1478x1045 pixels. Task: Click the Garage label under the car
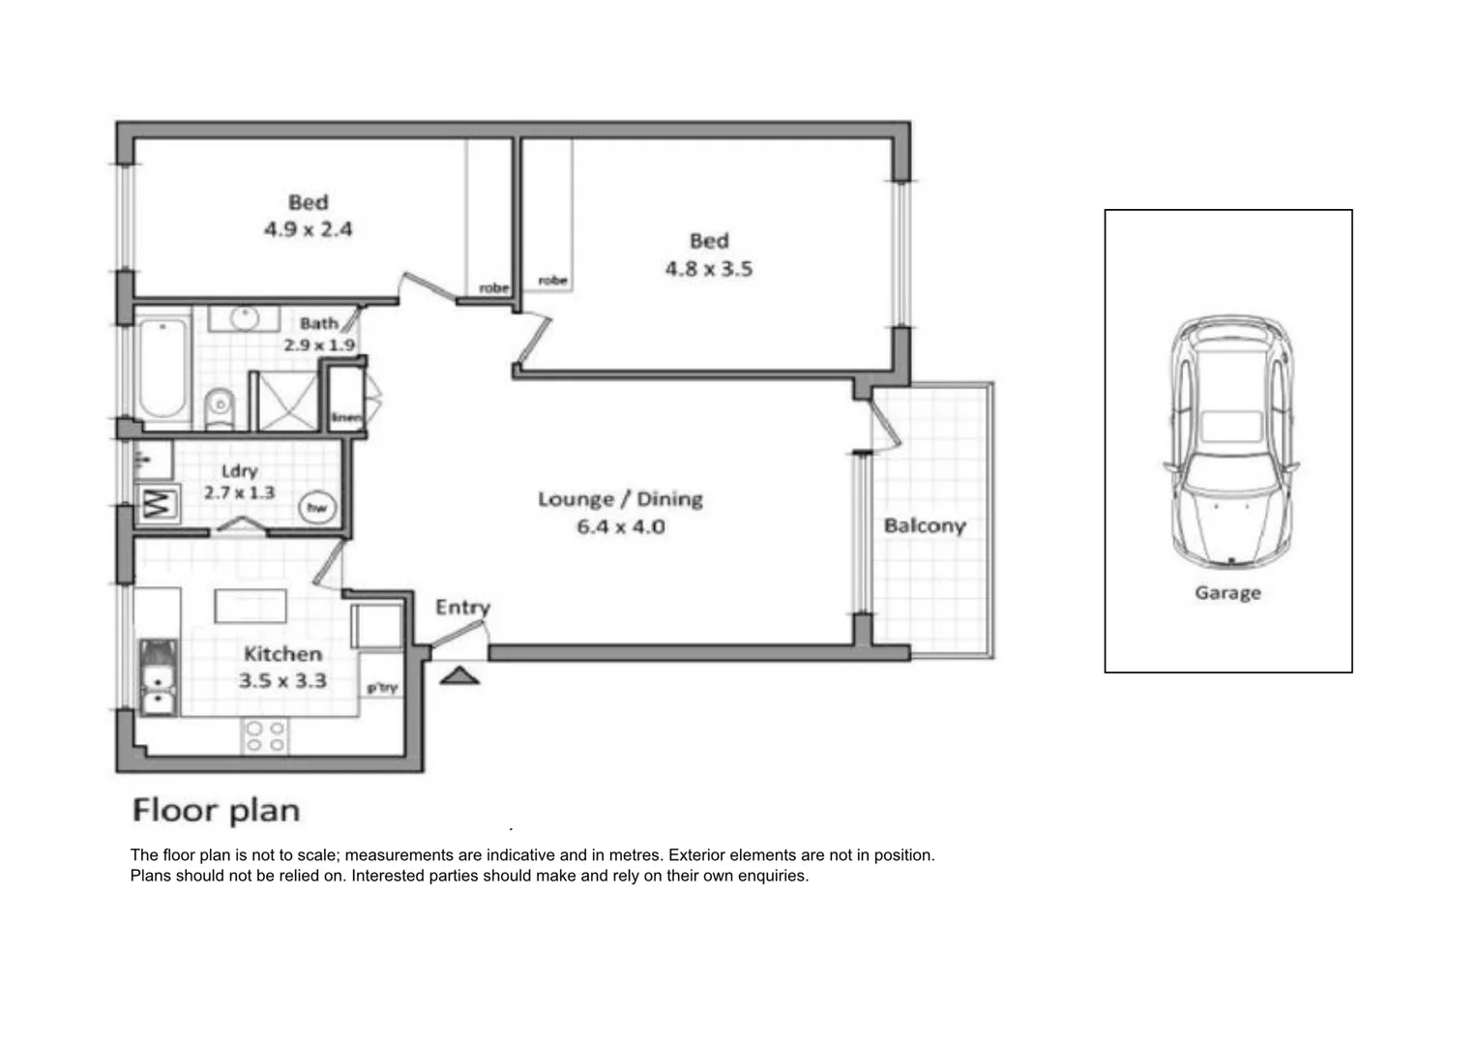tap(1227, 593)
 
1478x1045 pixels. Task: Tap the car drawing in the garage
tap(1229, 440)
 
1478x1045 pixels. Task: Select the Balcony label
tap(924, 525)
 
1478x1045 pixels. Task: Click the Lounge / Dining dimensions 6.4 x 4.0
tap(620, 527)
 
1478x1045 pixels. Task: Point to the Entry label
tap(462, 607)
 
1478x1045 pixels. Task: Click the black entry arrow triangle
tap(459, 675)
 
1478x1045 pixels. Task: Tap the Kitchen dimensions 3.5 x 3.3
tap(282, 681)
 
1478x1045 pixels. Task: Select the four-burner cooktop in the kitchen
tap(265, 736)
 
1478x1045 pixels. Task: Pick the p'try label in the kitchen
tap(382, 688)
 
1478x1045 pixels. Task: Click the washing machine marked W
tap(158, 503)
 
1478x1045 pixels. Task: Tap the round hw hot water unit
tap(316, 507)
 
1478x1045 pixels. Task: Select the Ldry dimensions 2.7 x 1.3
tap(239, 493)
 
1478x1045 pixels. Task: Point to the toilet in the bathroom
tap(221, 406)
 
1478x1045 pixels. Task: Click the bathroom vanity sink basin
tap(245, 317)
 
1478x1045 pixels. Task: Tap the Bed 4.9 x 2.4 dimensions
tap(308, 229)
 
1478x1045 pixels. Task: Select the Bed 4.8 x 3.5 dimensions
tap(708, 269)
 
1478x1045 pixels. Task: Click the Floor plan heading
tap(216, 810)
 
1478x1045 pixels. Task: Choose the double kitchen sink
tap(157, 676)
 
